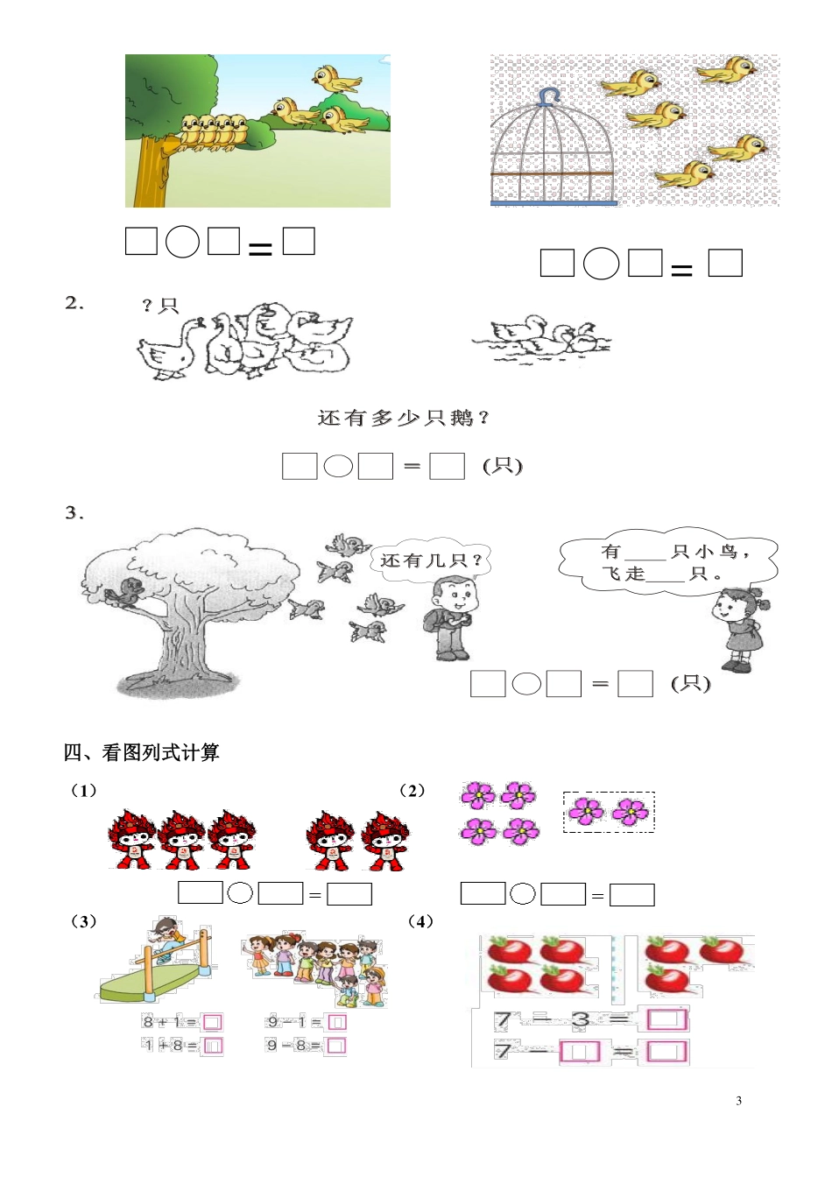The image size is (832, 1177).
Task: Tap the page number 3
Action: pyautogui.click(x=738, y=1101)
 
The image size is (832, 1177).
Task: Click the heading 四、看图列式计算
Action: pyautogui.click(x=141, y=752)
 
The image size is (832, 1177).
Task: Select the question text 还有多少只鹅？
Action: pyautogui.click(x=403, y=419)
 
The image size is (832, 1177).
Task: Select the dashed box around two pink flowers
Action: pyautogui.click(x=608, y=812)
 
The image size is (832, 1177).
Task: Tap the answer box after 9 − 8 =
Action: pyautogui.click(x=336, y=1045)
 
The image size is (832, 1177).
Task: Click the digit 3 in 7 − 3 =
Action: pyautogui.click(x=580, y=1019)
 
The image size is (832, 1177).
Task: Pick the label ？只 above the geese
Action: pyautogui.click(x=159, y=306)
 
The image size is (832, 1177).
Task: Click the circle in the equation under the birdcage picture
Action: pyautogui.click(x=601, y=264)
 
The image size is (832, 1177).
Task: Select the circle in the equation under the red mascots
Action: pyautogui.click(x=240, y=893)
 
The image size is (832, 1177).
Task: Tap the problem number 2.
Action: pyautogui.click(x=74, y=303)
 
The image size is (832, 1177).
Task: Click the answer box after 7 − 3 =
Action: pyautogui.click(x=667, y=1019)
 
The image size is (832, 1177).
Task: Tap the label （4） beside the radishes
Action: pyautogui.click(x=420, y=921)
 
